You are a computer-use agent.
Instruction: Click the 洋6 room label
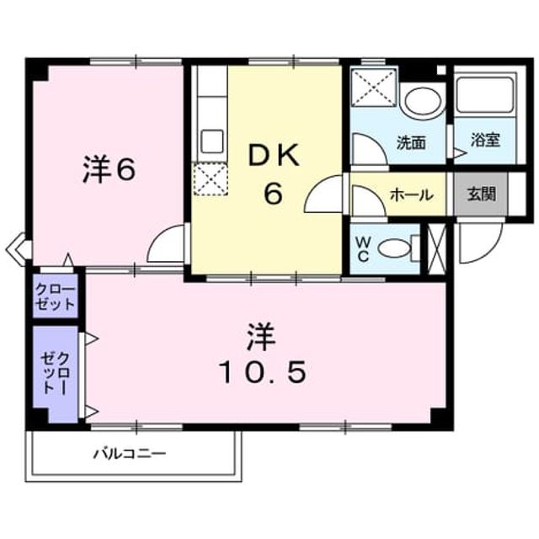[109, 170]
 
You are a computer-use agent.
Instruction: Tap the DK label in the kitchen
[274, 156]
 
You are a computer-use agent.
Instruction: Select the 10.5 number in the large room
[262, 372]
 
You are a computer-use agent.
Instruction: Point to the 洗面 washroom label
[411, 142]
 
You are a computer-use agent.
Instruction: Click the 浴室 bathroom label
[485, 140]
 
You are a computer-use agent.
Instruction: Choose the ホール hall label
[412, 195]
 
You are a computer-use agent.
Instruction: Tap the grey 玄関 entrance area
[481, 195]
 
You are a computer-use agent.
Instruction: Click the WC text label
[363, 249]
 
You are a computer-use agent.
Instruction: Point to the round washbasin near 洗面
[423, 101]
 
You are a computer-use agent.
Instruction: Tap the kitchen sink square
[212, 141]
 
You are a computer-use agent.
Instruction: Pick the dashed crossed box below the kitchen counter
[211, 179]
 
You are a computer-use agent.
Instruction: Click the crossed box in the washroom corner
[374, 86]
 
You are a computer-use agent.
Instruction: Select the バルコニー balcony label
[130, 454]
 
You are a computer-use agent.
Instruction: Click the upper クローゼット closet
[56, 296]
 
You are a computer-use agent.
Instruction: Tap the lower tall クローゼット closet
[56, 374]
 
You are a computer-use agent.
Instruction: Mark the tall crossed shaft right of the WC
[436, 249]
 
